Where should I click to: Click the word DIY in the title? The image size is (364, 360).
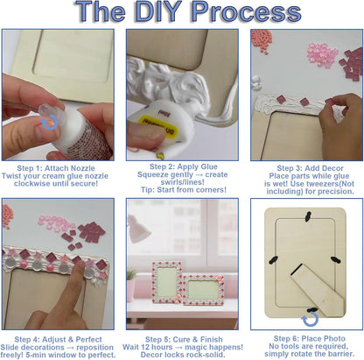pyautogui.click(x=158, y=11)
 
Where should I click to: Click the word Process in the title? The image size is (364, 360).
pyautogui.click(x=247, y=11)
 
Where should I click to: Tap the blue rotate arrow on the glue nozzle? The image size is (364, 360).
pyautogui.click(x=50, y=122)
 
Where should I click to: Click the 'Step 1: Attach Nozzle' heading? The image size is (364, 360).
pyautogui.click(x=56, y=168)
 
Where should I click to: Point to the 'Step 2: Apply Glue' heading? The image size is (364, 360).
pyautogui.click(x=184, y=166)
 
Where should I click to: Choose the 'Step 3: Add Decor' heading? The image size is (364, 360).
pyautogui.click(x=310, y=168)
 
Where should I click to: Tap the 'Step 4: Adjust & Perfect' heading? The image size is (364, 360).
pyautogui.click(x=58, y=340)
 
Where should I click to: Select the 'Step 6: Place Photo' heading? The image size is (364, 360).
pyautogui.click(x=310, y=339)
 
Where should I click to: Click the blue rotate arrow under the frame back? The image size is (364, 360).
pyautogui.click(x=310, y=319)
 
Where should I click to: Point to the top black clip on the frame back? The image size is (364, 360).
pyautogui.click(x=307, y=216)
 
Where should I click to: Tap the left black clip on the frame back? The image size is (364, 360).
pyautogui.click(x=274, y=260)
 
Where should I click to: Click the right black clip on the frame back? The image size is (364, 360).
pyautogui.click(x=334, y=259)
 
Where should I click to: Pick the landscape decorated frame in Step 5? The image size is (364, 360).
pyautogui.click(x=203, y=290)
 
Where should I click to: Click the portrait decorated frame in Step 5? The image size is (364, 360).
pyautogui.click(x=167, y=283)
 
